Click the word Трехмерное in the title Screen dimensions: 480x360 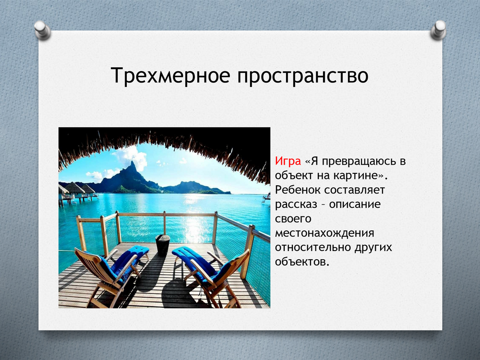pyautogui.click(x=170, y=75)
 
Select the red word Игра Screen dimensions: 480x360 pyautogui.click(x=288, y=161)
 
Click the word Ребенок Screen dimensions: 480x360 pyautogui.click(x=298, y=190)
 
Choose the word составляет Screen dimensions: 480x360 pyautogui.click(x=354, y=190)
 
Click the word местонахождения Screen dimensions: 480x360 pyautogui.click(x=324, y=233)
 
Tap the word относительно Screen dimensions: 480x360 pyautogui.click(x=313, y=247)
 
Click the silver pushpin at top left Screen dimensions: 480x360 pyautogui.click(x=42, y=30)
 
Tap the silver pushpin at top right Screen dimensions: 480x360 pyautogui.click(x=438, y=30)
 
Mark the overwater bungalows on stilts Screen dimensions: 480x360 pyautogui.click(x=77, y=192)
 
